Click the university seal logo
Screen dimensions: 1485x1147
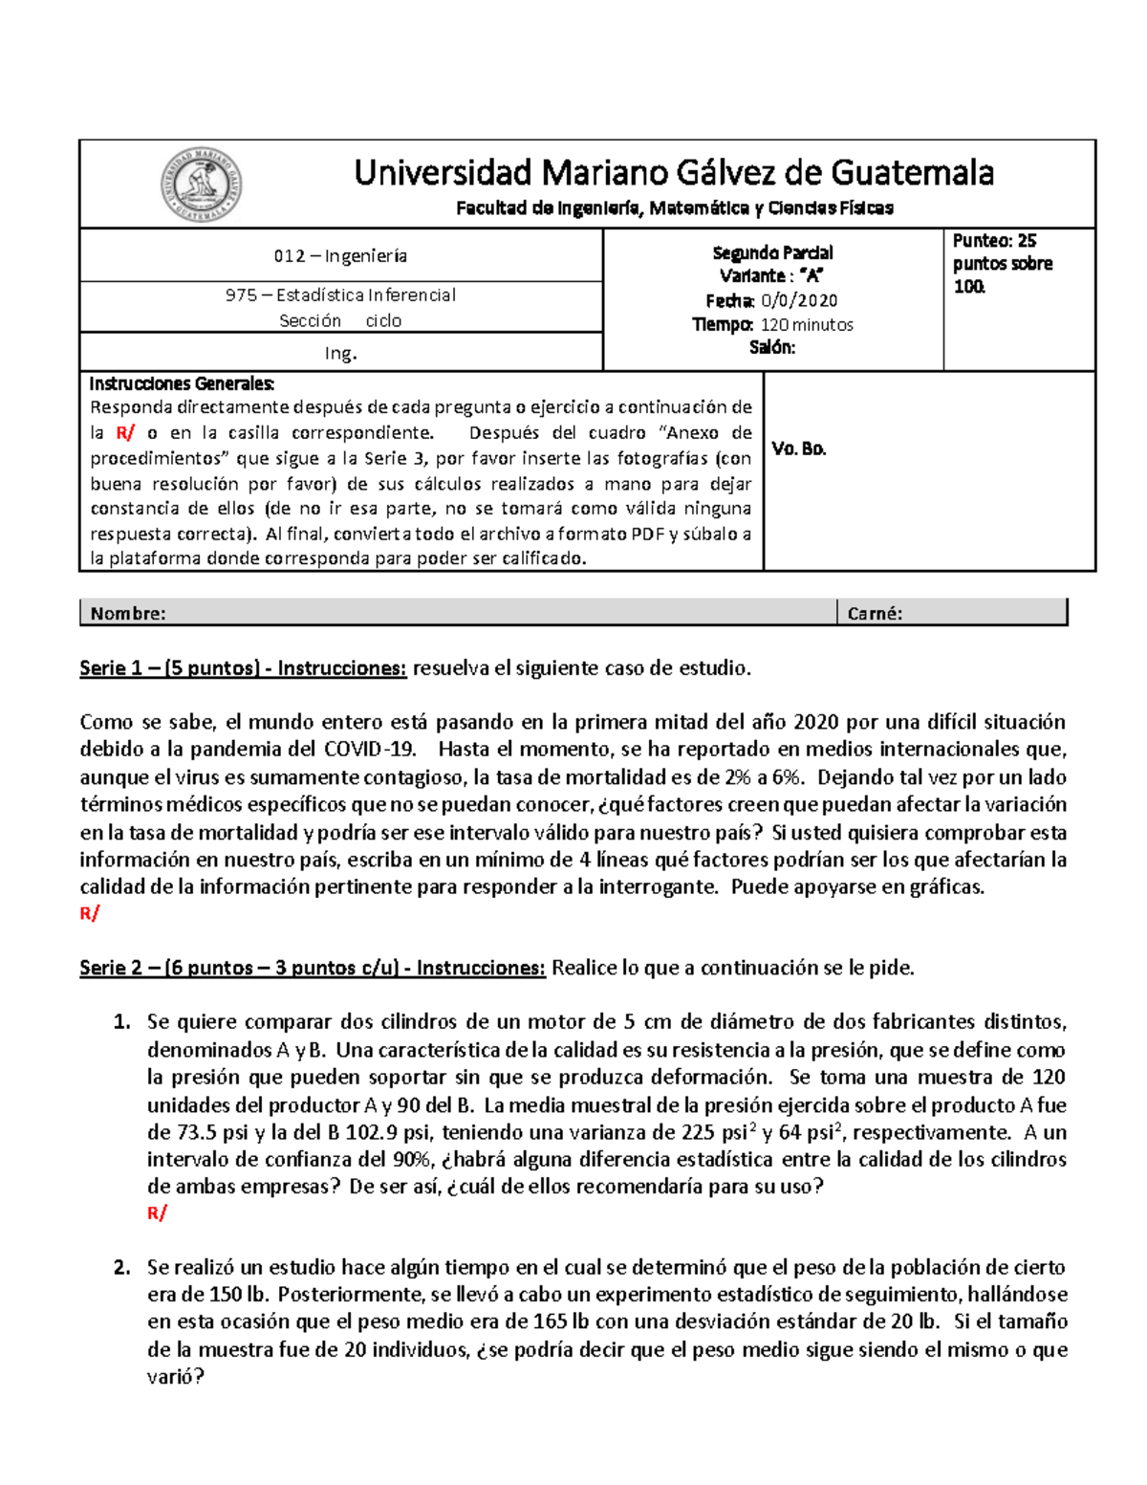click(x=201, y=185)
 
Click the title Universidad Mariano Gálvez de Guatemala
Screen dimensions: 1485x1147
click(x=674, y=173)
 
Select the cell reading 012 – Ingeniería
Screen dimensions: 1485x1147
click(x=340, y=256)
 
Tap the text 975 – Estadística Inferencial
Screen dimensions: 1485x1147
click(x=340, y=295)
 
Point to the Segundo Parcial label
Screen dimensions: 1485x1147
click(x=772, y=252)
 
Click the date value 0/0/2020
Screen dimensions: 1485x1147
click(x=799, y=300)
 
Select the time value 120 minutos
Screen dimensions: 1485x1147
click(x=807, y=325)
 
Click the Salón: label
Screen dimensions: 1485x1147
click(x=772, y=348)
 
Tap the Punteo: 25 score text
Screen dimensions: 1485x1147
click(x=994, y=241)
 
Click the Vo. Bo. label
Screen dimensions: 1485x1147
click(x=799, y=448)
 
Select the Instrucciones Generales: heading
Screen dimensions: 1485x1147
click(x=182, y=384)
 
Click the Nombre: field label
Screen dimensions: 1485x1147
click(x=128, y=614)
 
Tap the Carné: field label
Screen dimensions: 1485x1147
click(x=875, y=614)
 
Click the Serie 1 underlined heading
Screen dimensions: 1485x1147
click(x=243, y=668)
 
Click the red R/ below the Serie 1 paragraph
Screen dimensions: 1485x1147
click(x=90, y=914)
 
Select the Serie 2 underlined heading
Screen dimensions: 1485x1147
click(x=313, y=968)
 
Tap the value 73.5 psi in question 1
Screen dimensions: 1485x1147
click(x=196, y=1133)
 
